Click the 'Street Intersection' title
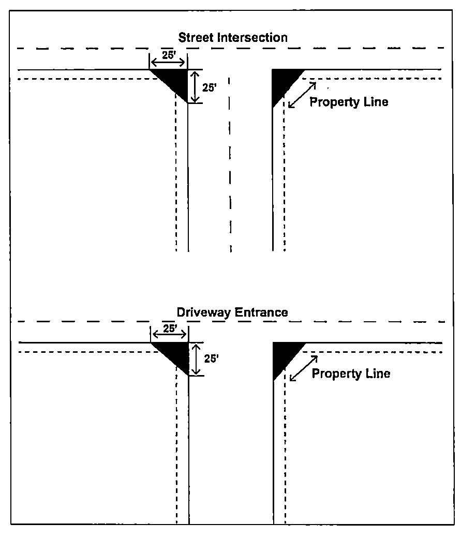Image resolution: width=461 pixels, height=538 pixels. (x=233, y=37)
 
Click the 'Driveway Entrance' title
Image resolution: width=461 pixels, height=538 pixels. (x=232, y=312)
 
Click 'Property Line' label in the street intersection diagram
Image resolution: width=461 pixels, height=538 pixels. (x=349, y=102)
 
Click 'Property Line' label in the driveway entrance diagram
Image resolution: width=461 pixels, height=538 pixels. (x=351, y=373)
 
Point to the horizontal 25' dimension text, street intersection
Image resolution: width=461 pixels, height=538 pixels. (x=168, y=55)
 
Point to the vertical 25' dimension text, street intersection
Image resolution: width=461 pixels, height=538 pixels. (x=209, y=87)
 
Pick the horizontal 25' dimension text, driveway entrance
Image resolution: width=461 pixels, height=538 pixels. (x=170, y=328)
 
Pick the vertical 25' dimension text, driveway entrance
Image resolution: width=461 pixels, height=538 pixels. (x=211, y=358)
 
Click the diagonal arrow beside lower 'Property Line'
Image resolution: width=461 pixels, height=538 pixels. (x=304, y=368)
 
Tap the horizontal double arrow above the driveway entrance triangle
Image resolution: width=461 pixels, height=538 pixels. (x=169, y=335)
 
